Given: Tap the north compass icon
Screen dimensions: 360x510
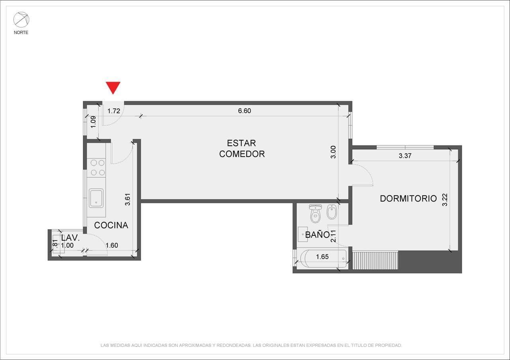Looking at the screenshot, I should [21, 20].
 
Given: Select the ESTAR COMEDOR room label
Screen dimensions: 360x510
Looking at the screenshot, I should [241, 149].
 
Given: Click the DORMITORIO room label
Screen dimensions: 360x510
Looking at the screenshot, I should [408, 198].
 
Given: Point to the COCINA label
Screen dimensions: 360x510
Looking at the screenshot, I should [111, 225].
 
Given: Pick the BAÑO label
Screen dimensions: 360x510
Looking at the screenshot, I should [317, 235].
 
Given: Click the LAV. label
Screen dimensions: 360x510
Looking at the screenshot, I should [71, 238].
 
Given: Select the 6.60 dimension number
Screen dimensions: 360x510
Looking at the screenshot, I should [245, 111].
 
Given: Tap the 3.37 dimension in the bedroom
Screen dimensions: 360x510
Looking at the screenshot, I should [405, 156].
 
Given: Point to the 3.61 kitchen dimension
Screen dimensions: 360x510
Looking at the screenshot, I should [128, 200].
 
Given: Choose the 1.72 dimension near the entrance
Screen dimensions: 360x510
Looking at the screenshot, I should [114, 111].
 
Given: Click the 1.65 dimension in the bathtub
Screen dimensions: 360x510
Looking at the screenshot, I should [322, 257].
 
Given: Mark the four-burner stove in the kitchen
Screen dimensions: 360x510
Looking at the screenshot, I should [96, 168].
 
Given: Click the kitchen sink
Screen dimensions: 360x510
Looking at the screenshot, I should [96, 198].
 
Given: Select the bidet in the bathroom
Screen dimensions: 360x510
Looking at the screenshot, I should [331, 212].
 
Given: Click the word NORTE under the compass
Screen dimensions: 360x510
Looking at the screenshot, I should [21, 33].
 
